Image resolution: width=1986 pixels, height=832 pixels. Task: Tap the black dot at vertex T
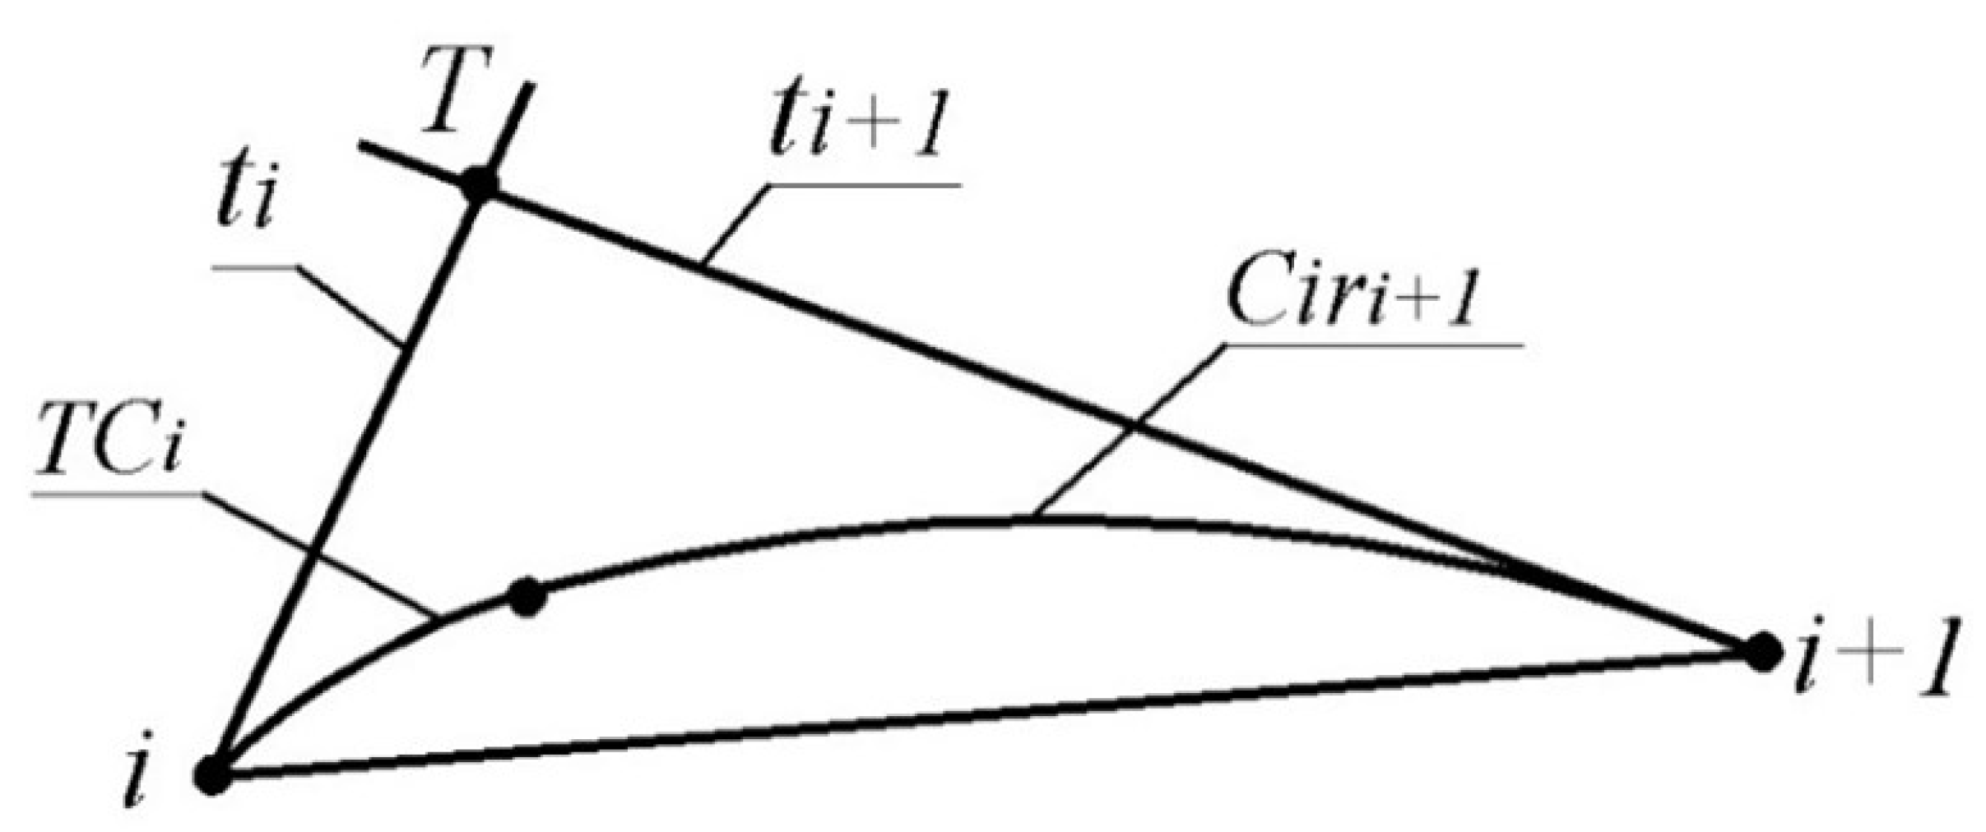tap(479, 186)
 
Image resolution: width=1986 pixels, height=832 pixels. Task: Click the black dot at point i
tap(212, 775)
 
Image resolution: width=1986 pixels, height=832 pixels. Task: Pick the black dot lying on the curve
tap(527, 596)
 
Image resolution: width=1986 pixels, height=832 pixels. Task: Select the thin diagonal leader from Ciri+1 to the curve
tap(1127, 432)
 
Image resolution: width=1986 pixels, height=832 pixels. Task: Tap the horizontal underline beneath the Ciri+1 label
tap(1374, 344)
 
